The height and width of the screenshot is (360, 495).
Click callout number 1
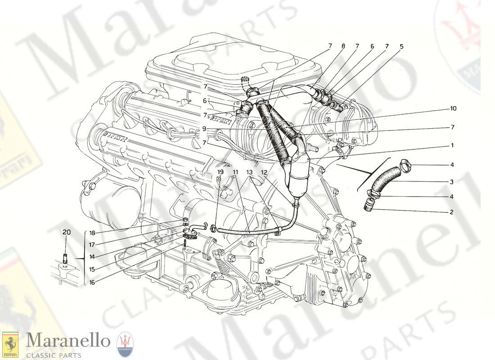(x=452, y=146)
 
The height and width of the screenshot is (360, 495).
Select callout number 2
(x=452, y=211)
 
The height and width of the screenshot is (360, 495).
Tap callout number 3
(x=452, y=182)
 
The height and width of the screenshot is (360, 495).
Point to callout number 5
(x=401, y=46)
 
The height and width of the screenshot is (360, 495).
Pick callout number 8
(x=343, y=46)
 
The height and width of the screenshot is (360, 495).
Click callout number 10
(x=453, y=108)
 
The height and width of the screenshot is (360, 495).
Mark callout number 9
(x=204, y=128)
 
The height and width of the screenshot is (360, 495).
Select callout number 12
(x=264, y=172)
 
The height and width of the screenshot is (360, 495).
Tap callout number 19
(x=220, y=172)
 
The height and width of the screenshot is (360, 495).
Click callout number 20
(x=67, y=232)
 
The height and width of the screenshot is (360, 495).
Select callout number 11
(x=235, y=172)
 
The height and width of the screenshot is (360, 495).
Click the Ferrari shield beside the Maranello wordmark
(x=10, y=343)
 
